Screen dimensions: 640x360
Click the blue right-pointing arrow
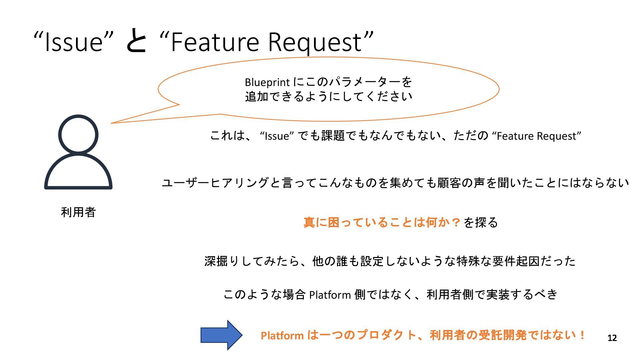221,335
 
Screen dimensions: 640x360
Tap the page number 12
612,338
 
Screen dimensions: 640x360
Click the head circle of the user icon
78,135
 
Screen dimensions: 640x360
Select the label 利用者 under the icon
78,212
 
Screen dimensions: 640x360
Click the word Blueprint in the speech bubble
267,82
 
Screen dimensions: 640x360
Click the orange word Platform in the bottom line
282,335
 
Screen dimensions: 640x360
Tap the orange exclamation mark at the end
582,335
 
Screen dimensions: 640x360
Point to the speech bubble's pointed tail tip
112,123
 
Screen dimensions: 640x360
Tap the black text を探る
481,222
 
